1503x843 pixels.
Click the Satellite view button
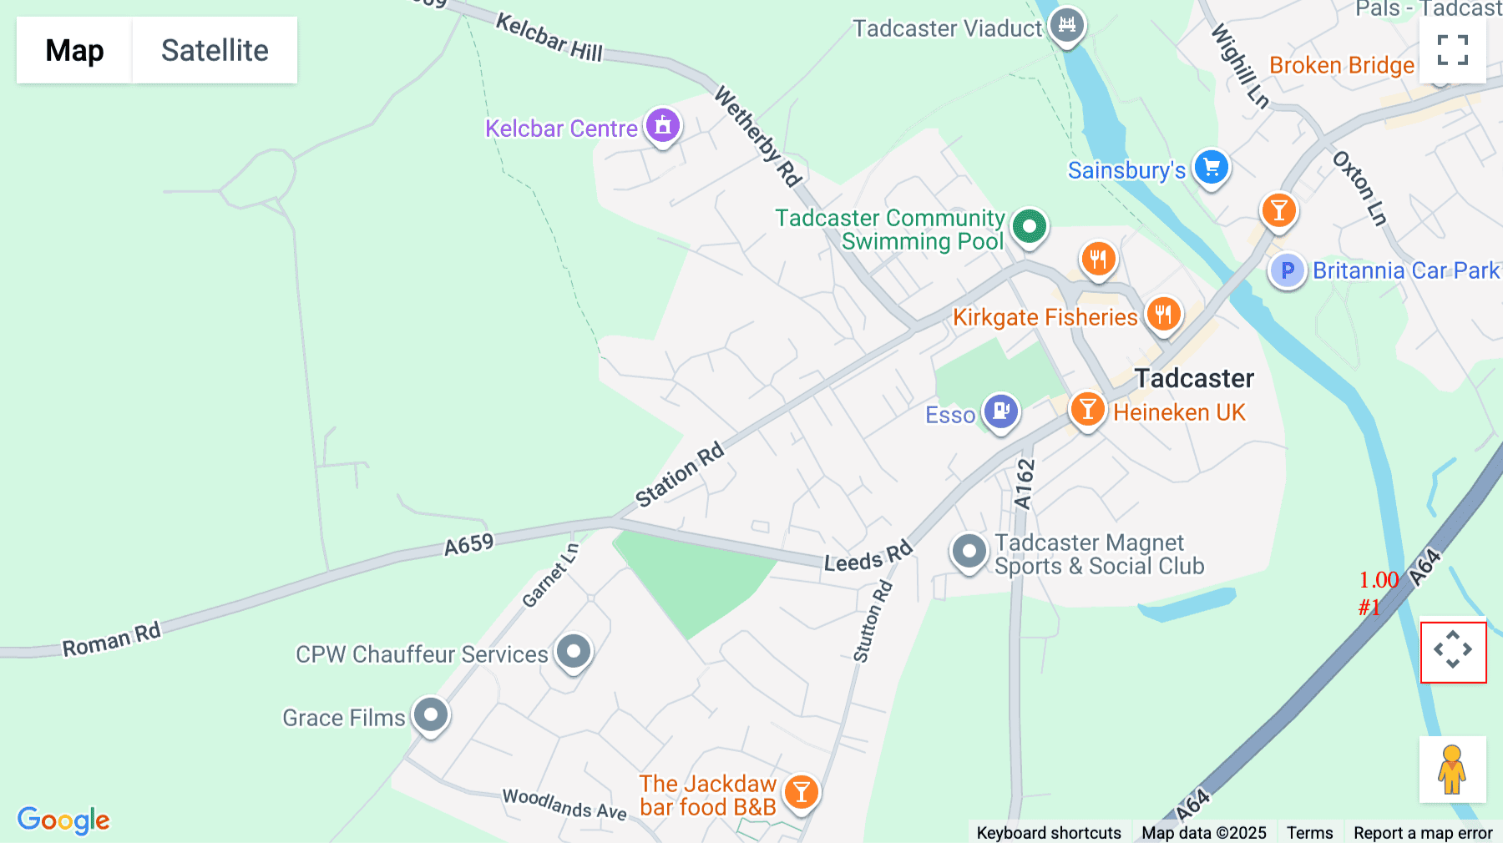click(x=215, y=50)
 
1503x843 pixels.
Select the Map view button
click(x=74, y=50)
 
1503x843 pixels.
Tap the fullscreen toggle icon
click(x=1452, y=50)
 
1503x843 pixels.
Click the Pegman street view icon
click(x=1452, y=770)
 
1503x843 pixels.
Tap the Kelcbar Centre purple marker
click(x=663, y=126)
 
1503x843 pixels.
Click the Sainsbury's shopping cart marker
click(x=1211, y=168)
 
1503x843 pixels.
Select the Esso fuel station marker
click(x=1000, y=411)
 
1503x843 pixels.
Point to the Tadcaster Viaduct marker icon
click(x=1067, y=25)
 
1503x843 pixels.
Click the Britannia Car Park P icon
click(x=1287, y=270)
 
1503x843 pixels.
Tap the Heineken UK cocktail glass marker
click(x=1087, y=410)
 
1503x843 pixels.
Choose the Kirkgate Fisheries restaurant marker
click(x=1162, y=315)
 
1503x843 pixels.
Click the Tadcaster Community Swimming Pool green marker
click(x=1029, y=226)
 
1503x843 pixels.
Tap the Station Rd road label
click(x=679, y=475)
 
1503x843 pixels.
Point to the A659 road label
click(x=468, y=545)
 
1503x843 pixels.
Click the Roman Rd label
click(x=111, y=640)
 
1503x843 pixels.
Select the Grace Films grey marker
click(x=431, y=715)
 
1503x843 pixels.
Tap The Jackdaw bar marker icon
click(x=801, y=792)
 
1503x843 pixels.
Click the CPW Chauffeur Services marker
click(x=573, y=652)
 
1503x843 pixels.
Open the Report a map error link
click(x=1422, y=832)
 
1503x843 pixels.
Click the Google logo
click(x=63, y=820)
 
